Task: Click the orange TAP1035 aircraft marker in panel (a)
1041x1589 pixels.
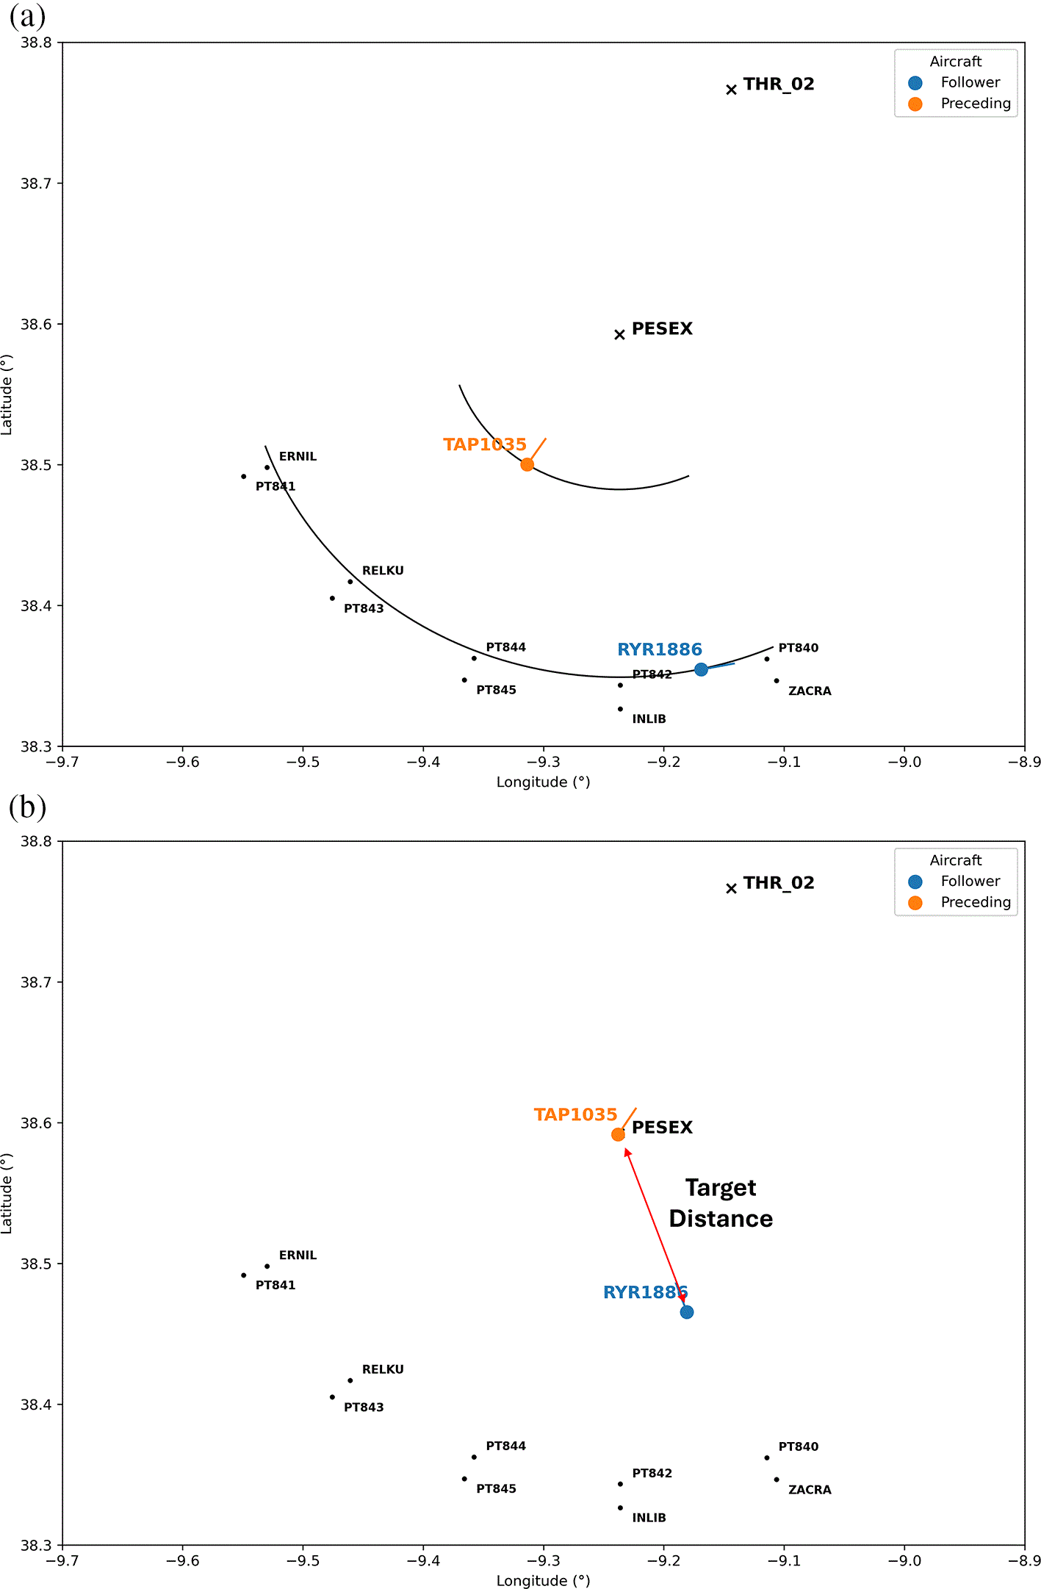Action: (x=527, y=464)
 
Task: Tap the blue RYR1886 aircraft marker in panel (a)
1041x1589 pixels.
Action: (x=701, y=669)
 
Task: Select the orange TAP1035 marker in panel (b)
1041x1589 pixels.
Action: (x=618, y=1134)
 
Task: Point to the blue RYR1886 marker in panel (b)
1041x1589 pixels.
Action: (x=686, y=1312)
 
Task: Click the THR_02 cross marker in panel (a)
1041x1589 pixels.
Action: (x=731, y=90)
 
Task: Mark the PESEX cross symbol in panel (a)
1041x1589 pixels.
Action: (x=619, y=334)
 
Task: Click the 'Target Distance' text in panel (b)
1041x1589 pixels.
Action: (x=721, y=1203)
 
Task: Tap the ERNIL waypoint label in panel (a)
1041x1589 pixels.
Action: (x=298, y=456)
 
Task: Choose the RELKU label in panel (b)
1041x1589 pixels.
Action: (x=383, y=1369)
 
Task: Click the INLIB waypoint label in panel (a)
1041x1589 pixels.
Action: (x=649, y=718)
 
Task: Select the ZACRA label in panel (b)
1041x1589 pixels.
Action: (x=810, y=1490)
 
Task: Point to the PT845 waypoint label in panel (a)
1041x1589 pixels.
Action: (x=496, y=690)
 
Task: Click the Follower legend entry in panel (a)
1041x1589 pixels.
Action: (x=955, y=82)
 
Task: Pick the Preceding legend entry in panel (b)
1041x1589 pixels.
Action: (x=959, y=902)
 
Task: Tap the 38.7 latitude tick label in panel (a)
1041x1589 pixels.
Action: (x=36, y=184)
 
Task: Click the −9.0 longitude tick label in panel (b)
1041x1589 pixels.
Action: (x=904, y=1561)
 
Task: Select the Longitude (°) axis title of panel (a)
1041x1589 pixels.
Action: (x=544, y=782)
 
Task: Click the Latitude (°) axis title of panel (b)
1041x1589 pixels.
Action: (x=7, y=1194)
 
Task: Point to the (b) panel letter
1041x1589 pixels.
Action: (x=27, y=807)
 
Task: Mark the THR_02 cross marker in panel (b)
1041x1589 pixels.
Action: (x=731, y=888)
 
